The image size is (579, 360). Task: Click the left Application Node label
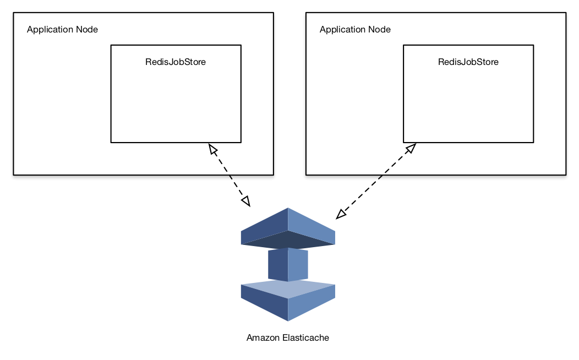pos(62,30)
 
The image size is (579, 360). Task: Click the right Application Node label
pos(355,30)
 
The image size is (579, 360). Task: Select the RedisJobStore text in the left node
pos(176,62)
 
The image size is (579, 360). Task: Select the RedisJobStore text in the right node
pos(468,62)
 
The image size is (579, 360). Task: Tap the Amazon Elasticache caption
pos(287,338)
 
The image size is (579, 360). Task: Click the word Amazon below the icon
pos(263,338)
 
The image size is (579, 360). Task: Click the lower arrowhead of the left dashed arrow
pos(246,201)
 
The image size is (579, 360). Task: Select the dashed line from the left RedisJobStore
pos(229,175)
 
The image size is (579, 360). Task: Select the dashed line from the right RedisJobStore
pos(376,181)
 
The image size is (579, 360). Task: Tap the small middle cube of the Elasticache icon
pos(288,264)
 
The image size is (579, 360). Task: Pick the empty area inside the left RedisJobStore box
pos(176,105)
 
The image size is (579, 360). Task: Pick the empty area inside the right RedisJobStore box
pos(468,105)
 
